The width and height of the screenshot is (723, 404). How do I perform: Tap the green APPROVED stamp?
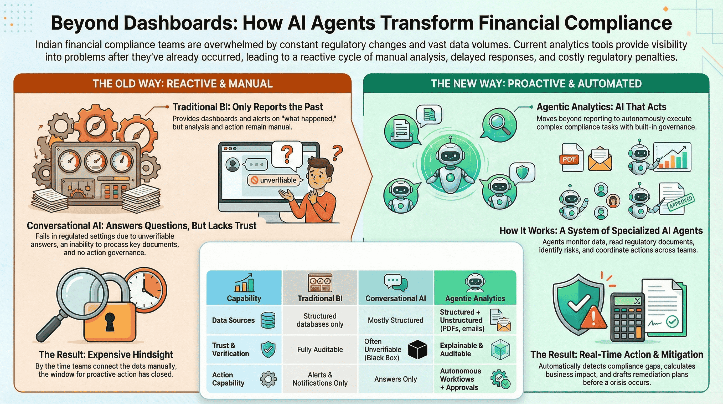click(x=681, y=202)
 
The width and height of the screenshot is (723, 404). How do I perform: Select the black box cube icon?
click(x=417, y=350)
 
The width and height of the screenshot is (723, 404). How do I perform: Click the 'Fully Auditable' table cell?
click(x=320, y=350)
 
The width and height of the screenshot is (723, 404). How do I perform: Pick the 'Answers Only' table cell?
click(x=395, y=379)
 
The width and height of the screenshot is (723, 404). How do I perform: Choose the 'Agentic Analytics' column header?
click(x=475, y=298)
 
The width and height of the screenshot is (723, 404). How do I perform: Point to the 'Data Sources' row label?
click(x=233, y=320)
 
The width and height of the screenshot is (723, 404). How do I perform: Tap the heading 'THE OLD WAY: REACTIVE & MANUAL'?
click(x=182, y=83)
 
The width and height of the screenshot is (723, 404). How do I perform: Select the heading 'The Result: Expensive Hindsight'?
click(x=106, y=354)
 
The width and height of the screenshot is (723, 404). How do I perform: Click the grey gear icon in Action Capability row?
click(x=268, y=379)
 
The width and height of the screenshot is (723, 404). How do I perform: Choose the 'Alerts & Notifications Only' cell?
click(x=320, y=379)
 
